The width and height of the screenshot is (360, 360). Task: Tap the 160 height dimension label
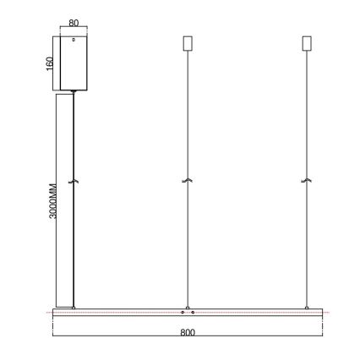50,63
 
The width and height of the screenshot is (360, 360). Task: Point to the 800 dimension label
188,333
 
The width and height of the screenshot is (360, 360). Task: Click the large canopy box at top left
74,63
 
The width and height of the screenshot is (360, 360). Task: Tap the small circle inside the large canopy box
74,39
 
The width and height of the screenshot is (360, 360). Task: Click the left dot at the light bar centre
183,313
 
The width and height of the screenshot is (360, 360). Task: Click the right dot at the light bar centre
194,313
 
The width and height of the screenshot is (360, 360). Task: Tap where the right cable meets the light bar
307,307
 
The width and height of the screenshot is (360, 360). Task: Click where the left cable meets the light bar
74,307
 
